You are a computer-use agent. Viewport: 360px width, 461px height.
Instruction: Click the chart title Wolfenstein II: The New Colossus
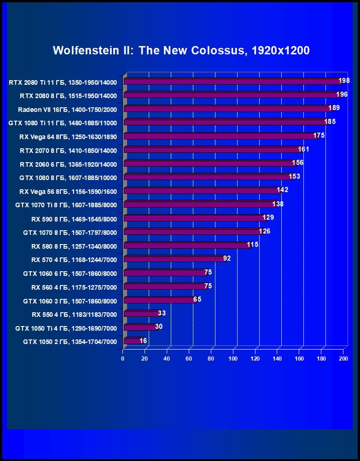pyautogui.click(x=181, y=50)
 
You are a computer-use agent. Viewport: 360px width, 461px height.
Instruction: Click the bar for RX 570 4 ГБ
pyautogui.click(x=174, y=259)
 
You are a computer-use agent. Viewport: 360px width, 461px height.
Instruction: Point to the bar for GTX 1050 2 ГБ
pyautogui.click(x=132, y=341)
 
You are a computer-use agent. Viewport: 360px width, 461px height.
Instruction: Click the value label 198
pyautogui.click(x=344, y=81)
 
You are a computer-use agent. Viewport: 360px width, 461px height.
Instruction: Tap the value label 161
pyautogui.click(x=303, y=149)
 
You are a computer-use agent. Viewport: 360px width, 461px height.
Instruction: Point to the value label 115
pyautogui.click(x=253, y=245)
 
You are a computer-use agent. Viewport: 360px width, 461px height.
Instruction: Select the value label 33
pyautogui.click(x=162, y=313)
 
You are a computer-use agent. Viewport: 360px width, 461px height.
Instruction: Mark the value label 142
pyautogui.click(x=282, y=190)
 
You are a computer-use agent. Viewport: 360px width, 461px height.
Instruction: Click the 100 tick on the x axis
pyautogui.click(x=233, y=359)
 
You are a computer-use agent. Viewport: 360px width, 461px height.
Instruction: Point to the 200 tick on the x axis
pyautogui.click(x=343, y=359)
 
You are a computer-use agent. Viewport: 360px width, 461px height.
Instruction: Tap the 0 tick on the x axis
pyautogui.click(x=123, y=359)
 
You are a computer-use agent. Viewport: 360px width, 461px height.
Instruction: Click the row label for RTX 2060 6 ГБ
pyautogui.click(x=68, y=164)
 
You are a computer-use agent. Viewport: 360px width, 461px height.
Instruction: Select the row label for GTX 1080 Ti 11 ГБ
pyautogui.click(x=63, y=123)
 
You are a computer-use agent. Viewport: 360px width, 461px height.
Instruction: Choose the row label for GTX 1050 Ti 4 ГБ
pyautogui.click(x=66, y=328)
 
